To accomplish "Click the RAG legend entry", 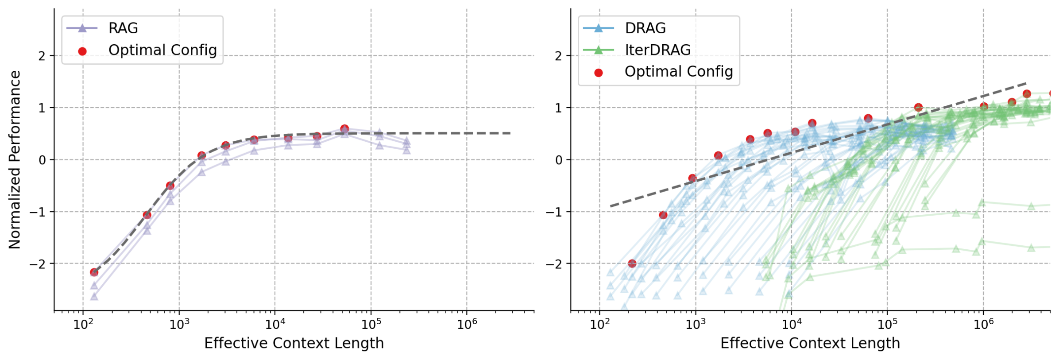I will click(x=123, y=28).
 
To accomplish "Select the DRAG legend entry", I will click(x=645, y=28).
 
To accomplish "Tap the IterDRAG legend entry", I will click(x=657, y=50).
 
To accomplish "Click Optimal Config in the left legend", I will click(x=162, y=50).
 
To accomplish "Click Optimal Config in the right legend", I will click(x=678, y=72).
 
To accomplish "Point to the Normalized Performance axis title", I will click(x=15, y=159).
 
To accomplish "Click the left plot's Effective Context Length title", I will click(x=294, y=343).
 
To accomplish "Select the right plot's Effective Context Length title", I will click(x=810, y=343).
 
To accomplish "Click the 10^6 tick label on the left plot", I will click(x=467, y=324).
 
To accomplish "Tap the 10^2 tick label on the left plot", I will click(x=83, y=324).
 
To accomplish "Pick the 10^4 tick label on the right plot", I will click(x=791, y=324).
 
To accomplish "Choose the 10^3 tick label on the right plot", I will click(x=695, y=324).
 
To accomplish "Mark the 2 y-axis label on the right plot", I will click(x=558, y=56).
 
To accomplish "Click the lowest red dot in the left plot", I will click(x=94, y=272).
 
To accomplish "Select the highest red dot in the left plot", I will click(x=344, y=129).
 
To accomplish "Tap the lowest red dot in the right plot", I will click(x=632, y=263).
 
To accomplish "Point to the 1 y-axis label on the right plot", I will click(x=558, y=108).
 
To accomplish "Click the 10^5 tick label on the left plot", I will click(x=371, y=324).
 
